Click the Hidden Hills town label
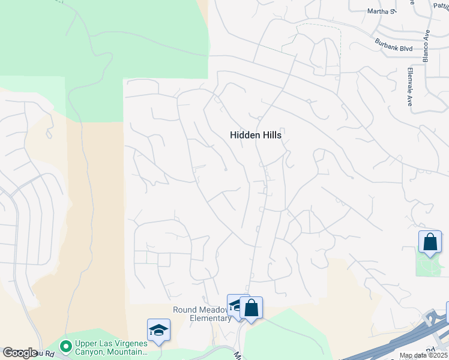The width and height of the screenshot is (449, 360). tap(256, 136)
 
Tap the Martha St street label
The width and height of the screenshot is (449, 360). tap(382, 11)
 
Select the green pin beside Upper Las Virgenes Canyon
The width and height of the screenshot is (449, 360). tap(66, 346)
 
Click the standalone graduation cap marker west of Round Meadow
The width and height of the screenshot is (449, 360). tap(158, 331)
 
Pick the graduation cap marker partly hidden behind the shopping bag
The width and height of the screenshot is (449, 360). tap(234, 305)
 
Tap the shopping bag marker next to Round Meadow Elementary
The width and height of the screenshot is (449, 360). tap(252, 308)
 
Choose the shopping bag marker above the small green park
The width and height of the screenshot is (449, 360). tap(430, 242)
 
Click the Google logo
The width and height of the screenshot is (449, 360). tap(20, 353)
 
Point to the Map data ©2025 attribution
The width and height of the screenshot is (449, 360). tap(423, 355)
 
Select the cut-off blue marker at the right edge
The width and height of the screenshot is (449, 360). tap(447, 312)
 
